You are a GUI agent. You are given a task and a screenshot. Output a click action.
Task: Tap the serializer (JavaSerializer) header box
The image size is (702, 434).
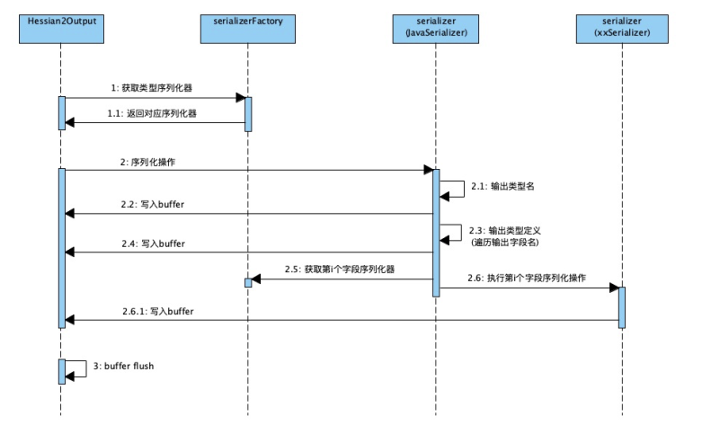[435, 26]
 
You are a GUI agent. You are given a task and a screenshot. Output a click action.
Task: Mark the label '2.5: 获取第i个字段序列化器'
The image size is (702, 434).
[341, 270]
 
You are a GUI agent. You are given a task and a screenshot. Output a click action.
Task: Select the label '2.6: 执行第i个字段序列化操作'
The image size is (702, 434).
[528, 278]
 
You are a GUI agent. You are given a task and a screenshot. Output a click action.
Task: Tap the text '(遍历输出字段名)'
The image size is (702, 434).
[511, 243]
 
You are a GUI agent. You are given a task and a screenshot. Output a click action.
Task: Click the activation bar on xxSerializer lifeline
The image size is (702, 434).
[621, 307]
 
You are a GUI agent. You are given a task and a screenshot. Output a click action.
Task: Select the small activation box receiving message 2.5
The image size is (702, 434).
[247, 283]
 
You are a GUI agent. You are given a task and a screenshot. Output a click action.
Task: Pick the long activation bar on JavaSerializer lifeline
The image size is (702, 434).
[436, 232]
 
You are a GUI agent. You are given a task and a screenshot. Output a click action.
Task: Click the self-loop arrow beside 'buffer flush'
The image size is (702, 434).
[79, 368]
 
